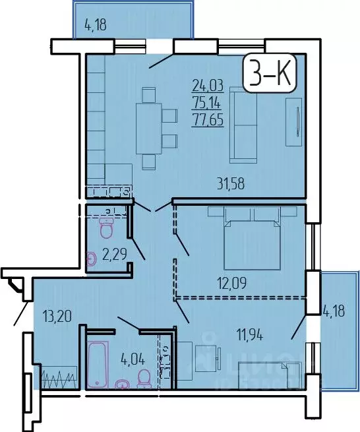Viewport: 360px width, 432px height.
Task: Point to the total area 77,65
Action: [206, 119]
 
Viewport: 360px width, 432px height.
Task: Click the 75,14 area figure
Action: [206, 102]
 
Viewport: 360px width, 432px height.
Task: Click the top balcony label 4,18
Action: [96, 27]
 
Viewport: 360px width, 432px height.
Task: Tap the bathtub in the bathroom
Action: [98, 363]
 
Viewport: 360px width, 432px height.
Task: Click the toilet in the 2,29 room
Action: [106, 227]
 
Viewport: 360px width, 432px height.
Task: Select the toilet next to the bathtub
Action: [143, 379]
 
